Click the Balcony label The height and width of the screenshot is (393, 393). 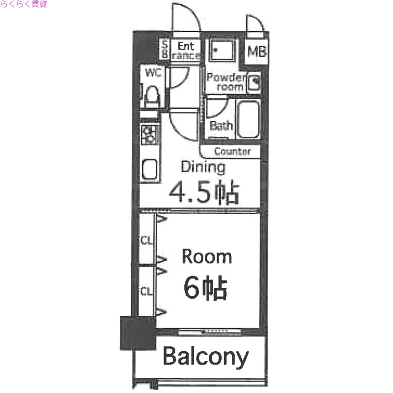click(205, 357)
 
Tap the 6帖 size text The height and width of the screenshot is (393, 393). click(205, 288)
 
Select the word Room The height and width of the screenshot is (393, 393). click(206, 257)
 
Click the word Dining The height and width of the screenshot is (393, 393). click(203, 167)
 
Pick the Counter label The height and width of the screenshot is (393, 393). click(232, 151)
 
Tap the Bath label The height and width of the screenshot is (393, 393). click(221, 126)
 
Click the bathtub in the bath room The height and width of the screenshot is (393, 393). click(248, 120)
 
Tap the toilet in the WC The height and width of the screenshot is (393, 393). click(152, 94)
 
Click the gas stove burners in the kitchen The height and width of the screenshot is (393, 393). click(149, 134)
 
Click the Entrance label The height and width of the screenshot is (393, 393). click(186, 51)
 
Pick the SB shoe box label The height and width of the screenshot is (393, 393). click(165, 50)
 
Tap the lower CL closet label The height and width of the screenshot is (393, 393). click(146, 291)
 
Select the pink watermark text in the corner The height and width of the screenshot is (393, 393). click(24, 5)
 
